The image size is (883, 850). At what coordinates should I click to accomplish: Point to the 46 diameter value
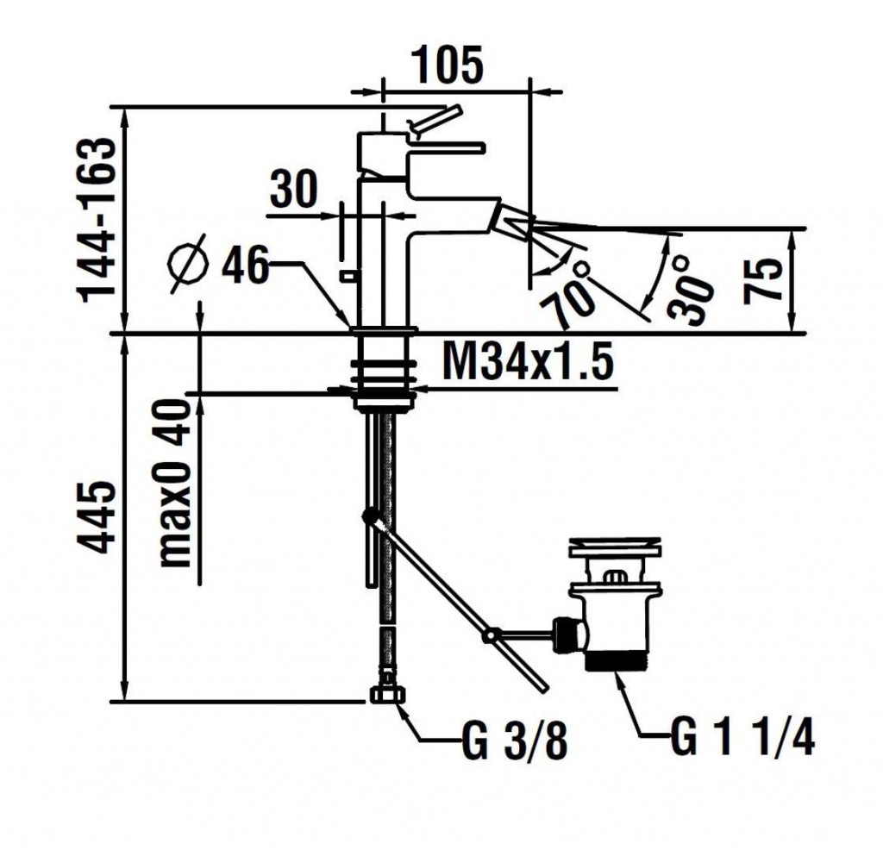244,266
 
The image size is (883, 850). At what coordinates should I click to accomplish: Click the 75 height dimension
766,279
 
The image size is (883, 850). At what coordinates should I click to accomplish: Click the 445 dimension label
97,517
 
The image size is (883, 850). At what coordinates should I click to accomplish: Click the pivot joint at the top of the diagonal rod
371,518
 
